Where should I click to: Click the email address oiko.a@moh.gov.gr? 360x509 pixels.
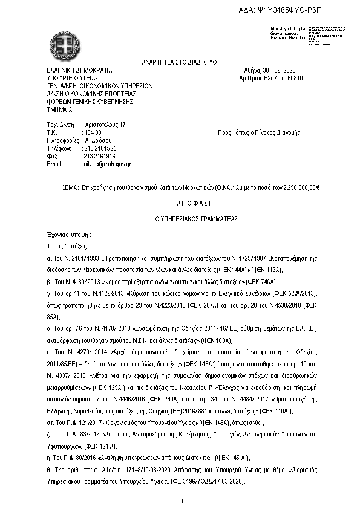coord(107,163)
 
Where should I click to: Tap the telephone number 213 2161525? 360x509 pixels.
coord(100,148)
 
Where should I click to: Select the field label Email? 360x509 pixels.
coord(54,163)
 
